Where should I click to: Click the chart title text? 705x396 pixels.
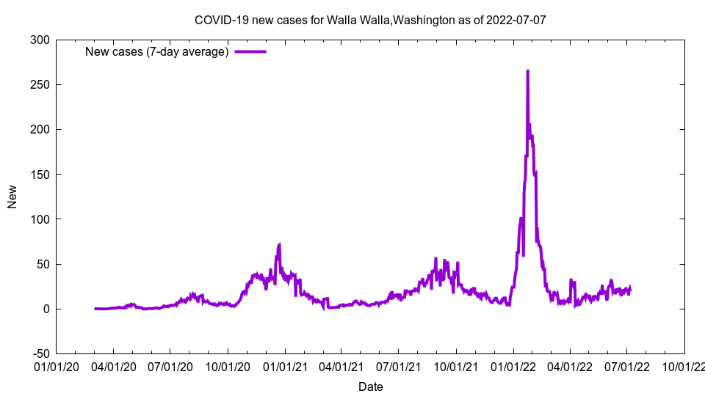pos(370,20)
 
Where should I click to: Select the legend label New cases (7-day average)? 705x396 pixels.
pos(156,51)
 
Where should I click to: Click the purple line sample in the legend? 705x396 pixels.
pos(250,51)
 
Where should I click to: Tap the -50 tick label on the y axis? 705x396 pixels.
pos(40,353)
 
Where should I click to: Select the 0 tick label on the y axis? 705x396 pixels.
pos(46,309)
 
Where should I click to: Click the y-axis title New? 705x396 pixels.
pos(12,197)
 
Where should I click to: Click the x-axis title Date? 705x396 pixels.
pos(370,386)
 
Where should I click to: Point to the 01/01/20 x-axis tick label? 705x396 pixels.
pos(56,364)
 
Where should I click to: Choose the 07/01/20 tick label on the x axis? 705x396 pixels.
pos(170,364)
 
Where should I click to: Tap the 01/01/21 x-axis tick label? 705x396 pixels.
pos(285,364)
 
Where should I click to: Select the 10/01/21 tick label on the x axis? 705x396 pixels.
pos(456,364)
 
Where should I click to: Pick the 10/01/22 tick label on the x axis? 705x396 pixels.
pos(684,364)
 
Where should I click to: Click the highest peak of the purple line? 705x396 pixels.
pos(527,71)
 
